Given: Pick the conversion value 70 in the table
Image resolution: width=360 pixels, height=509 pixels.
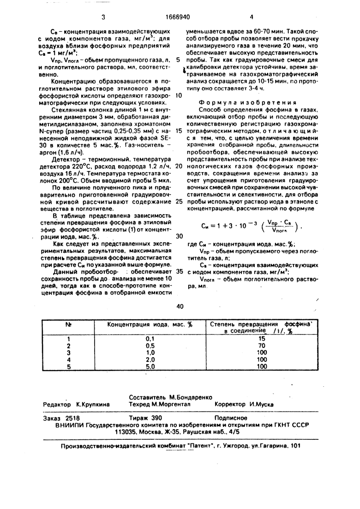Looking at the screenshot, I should [x=262, y=345].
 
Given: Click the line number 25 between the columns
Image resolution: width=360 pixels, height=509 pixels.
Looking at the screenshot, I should [x=179, y=201].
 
